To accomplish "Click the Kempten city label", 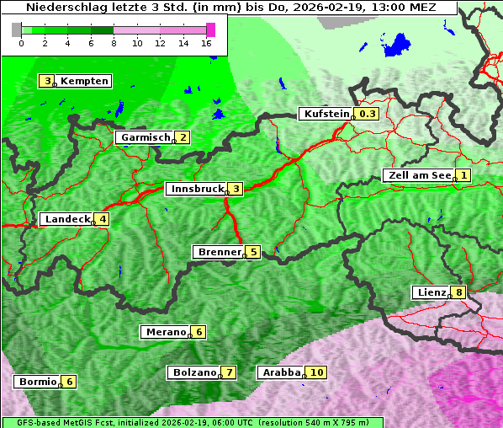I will click(x=84, y=81).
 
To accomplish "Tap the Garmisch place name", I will click(x=145, y=137).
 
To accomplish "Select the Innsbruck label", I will click(x=196, y=189).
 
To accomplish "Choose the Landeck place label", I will click(x=67, y=219).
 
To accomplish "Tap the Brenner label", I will click(x=219, y=252).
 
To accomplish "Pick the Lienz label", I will click(x=432, y=292).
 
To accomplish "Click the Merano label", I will click(x=165, y=332).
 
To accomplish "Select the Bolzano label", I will click(x=193, y=372).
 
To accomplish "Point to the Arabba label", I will click(x=281, y=372).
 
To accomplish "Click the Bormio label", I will click(x=37, y=382).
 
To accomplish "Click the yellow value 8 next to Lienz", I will click(x=458, y=292).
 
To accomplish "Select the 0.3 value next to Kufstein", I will click(x=368, y=114).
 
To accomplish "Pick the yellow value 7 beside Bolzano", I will click(x=228, y=372).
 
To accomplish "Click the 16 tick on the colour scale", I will click(x=207, y=42).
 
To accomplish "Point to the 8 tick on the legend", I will click(x=114, y=42).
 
